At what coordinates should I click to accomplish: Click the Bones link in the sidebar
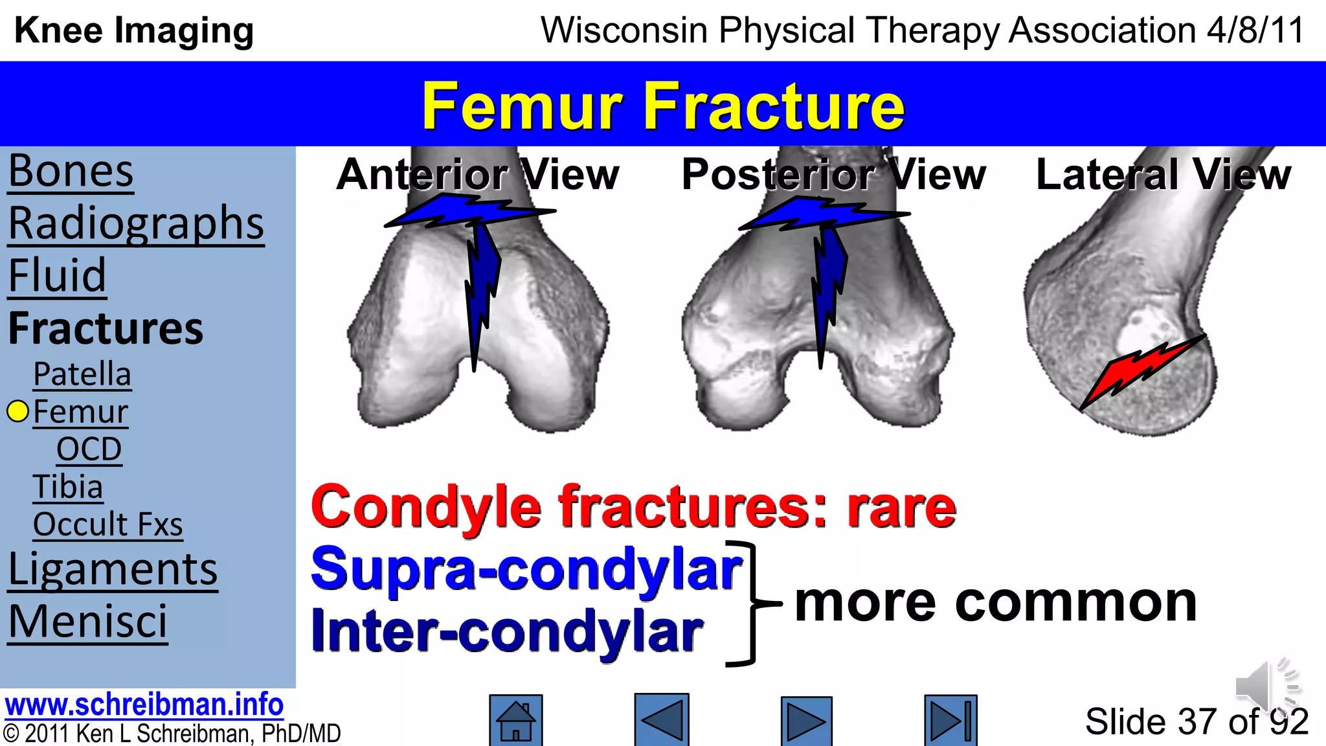[x=71, y=172]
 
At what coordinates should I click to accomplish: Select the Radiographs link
[x=136, y=224]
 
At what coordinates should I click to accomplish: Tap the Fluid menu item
[x=57, y=276]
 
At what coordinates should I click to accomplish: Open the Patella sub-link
[x=82, y=374]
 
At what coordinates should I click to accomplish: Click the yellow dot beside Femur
[x=17, y=411]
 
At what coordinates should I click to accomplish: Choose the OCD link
[x=89, y=449]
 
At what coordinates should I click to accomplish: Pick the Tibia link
[x=68, y=487]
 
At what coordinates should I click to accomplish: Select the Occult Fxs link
[x=107, y=525]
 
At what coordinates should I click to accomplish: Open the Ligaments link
[x=113, y=570]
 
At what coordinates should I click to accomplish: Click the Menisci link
[x=87, y=622]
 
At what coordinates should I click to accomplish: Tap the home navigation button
[x=515, y=720]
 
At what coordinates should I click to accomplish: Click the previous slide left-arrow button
[x=661, y=720]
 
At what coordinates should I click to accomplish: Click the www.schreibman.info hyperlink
[x=144, y=705]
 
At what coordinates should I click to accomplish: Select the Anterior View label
[x=478, y=175]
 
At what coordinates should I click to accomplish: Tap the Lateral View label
[x=1163, y=175]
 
